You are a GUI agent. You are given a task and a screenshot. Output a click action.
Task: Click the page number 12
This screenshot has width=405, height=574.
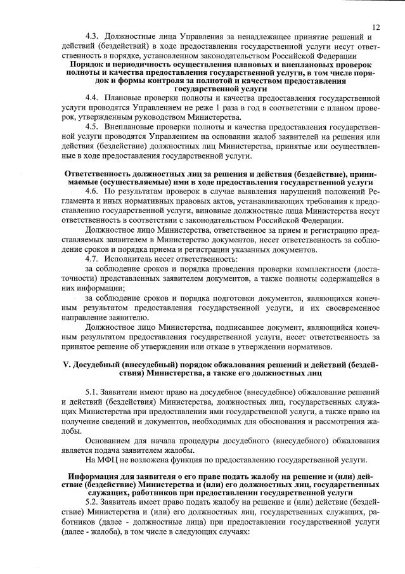tap(376, 27)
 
